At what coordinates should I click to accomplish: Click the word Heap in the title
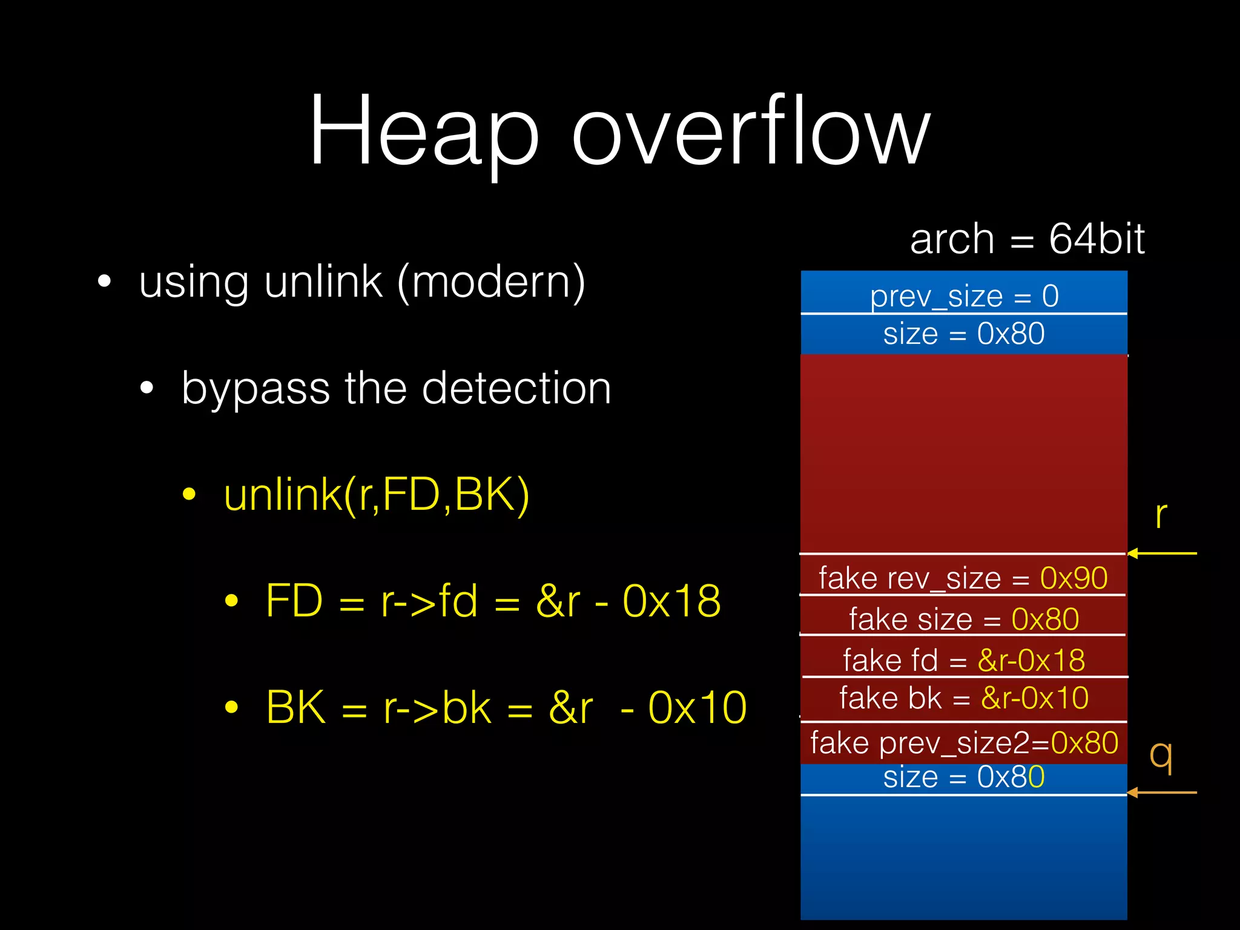click(x=424, y=130)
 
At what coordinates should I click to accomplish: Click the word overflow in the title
click(x=751, y=130)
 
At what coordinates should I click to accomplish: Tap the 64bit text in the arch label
click(x=1097, y=239)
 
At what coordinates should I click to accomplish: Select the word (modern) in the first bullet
click(x=491, y=282)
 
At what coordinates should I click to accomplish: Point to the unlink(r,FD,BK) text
click(x=377, y=495)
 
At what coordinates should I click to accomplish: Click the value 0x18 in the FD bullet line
click(x=671, y=601)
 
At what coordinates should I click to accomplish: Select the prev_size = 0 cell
click(x=964, y=295)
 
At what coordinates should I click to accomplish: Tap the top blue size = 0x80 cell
click(x=964, y=334)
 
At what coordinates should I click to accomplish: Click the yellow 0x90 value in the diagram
click(x=1073, y=578)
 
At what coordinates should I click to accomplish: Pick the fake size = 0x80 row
click(x=964, y=619)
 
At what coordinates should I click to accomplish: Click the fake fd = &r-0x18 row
click(x=964, y=659)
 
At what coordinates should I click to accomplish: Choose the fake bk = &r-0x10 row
click(x=964, y=698)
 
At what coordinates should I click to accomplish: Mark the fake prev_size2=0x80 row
click(x=964, y=743)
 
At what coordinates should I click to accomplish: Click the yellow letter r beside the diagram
click(x=1160, y=516)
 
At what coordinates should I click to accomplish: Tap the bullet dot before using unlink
click(x=105, y=282)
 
